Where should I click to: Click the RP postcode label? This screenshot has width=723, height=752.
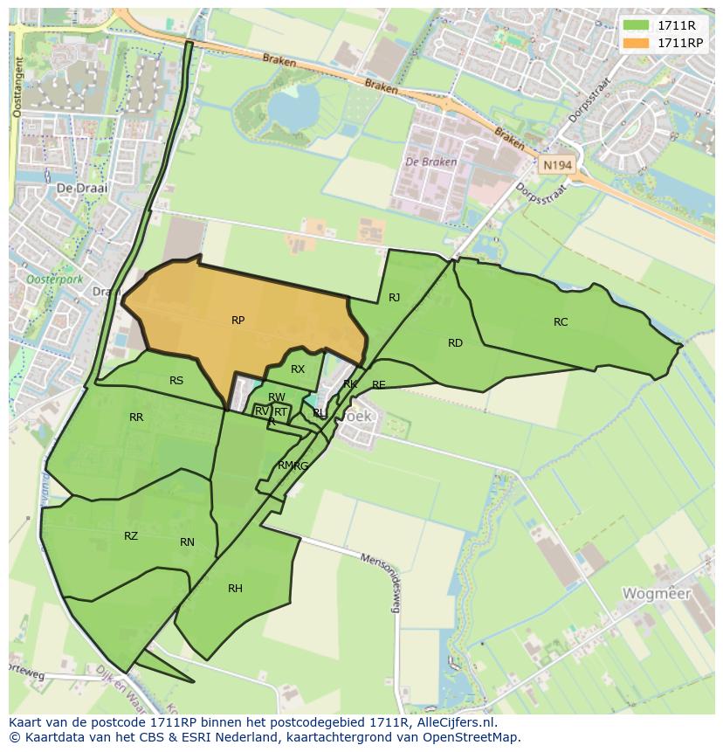coord(238,321)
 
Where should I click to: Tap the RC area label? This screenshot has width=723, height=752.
coord(561,322)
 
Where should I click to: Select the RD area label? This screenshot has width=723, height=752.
coord(455,343)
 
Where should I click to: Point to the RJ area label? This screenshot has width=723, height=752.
coord(395,298)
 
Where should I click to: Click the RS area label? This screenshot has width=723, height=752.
coord(176,381)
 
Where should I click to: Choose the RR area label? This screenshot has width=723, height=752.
coord(136,417)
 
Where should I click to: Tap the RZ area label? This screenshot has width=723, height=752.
coord(131,536)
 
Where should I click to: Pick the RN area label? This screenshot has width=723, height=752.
coord(187,542)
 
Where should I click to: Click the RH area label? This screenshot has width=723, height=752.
coord(235,589)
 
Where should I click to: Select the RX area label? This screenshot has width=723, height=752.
coord(298,369)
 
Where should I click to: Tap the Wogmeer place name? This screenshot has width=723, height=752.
coord(656,594)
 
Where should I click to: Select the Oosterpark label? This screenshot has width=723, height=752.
coord(53,255)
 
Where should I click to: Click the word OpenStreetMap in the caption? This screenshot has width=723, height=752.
coord(473,737)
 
